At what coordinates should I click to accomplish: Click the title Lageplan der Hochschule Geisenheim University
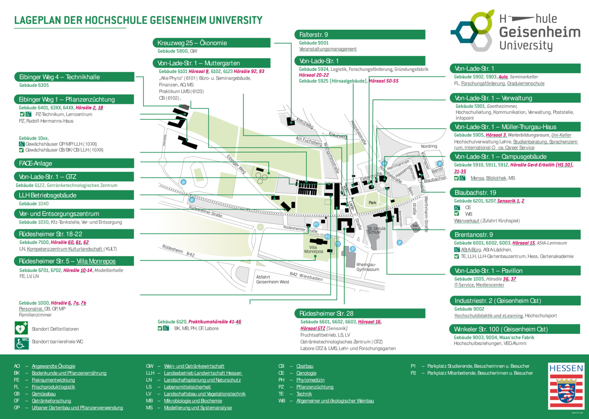pos(138,20)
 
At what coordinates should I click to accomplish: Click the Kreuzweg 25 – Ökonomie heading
pos(192,43)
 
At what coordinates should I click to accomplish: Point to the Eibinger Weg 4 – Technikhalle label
pos(59,77)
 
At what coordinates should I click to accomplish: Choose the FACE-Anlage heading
pos(36,163)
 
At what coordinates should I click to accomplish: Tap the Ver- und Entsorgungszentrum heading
pos(59,214)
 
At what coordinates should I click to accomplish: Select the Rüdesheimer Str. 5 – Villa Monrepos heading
pos(67,261)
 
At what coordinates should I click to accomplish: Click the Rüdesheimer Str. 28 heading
pos(326,313)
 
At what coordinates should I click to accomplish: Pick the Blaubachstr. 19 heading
pos(475,193)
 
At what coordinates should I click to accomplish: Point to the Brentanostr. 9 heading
pos(473,234)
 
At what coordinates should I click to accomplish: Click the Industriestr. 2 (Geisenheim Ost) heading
pos(497,301)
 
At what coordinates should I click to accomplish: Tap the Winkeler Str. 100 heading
pos(501,329)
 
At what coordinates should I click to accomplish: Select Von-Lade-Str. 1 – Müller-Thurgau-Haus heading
pos(505,127)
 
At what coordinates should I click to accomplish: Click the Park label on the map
pos(372,203)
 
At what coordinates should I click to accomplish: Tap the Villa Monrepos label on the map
pos(313,249)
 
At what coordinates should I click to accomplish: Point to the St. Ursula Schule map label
pos(376,230)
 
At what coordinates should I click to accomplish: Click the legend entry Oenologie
pos(306,373)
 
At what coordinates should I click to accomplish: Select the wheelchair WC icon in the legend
pos(21,343)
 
